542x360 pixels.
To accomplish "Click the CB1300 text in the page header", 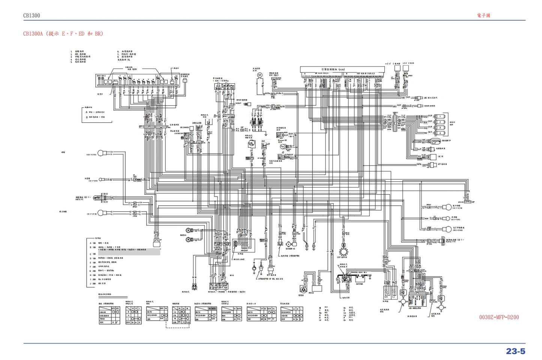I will pos(32,15).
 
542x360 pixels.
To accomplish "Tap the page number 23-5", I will pos(516,351).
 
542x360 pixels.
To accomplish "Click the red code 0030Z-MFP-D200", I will pos(499,317).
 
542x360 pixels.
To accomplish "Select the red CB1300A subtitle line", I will pos(63,34).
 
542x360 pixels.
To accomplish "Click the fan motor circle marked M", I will pos(259,75).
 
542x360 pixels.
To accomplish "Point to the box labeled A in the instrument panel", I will pos(108,81).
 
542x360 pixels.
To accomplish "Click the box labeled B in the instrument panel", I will pos(164,81).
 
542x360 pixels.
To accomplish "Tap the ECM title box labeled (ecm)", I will pos(342,69).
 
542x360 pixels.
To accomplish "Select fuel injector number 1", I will pos(440,117).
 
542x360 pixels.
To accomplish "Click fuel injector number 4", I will pos(440,133).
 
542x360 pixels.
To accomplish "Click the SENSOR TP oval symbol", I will pos(435,141).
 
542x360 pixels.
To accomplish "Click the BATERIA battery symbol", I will pos(360,279).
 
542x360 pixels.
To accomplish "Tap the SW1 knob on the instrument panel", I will pos(99,76).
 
